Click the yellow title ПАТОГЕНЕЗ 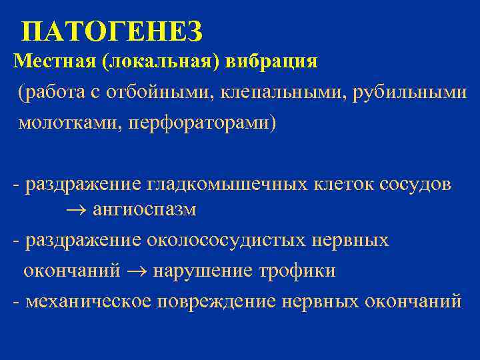coord(111,31)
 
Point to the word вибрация coord(272,62)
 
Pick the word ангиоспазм coord(144,210)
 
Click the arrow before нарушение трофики coord(137,271)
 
